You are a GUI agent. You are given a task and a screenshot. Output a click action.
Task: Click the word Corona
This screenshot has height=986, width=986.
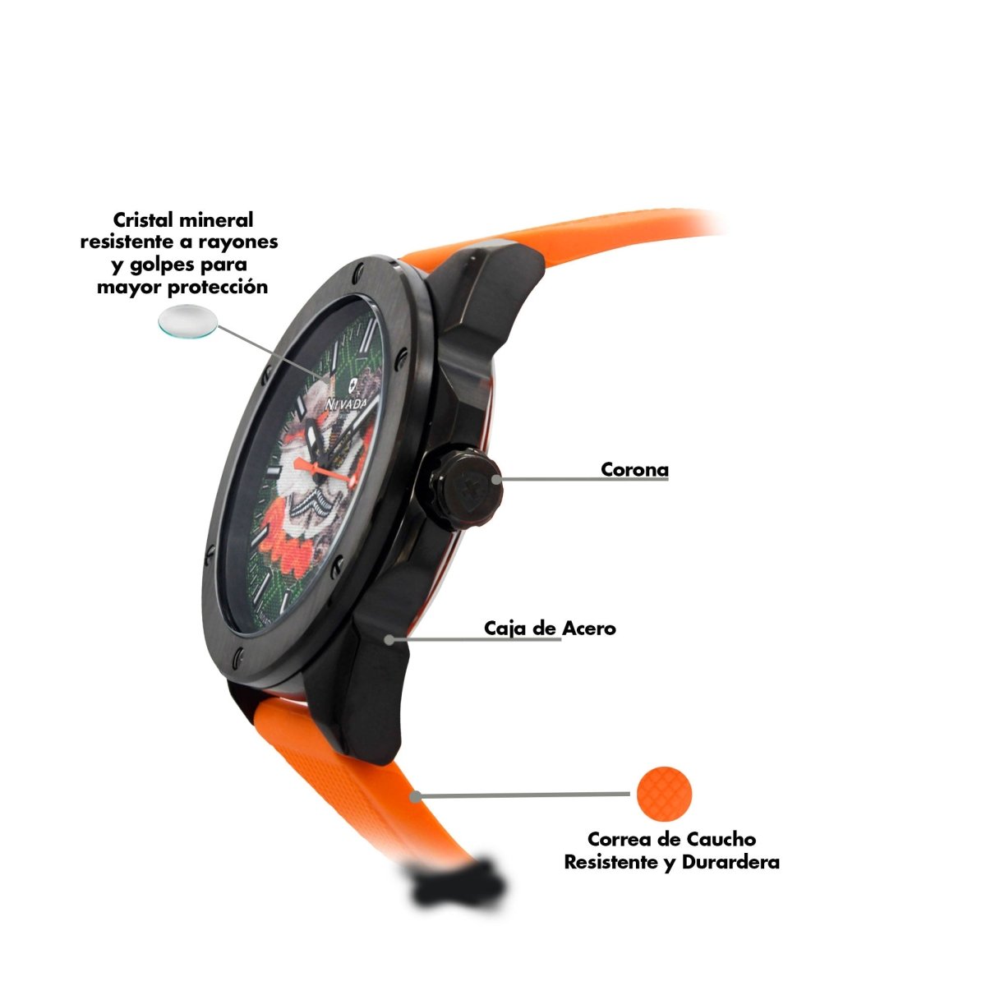[x=634, y=469]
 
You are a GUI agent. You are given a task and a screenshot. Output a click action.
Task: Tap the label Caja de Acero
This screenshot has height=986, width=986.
[x=550, y=628]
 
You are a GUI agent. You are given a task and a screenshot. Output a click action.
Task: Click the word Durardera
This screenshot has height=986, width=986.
[x=730, y=862]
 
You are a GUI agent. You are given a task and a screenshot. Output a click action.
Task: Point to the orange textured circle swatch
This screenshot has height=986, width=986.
[x=664, y=794]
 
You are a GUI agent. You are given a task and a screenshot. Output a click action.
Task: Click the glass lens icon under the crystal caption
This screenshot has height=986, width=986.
[x=188, y=320]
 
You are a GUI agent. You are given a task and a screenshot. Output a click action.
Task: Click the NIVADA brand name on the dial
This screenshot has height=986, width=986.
[x=347, y=403]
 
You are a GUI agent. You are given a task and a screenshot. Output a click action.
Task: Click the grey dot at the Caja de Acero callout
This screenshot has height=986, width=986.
[x=390, y=639]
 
